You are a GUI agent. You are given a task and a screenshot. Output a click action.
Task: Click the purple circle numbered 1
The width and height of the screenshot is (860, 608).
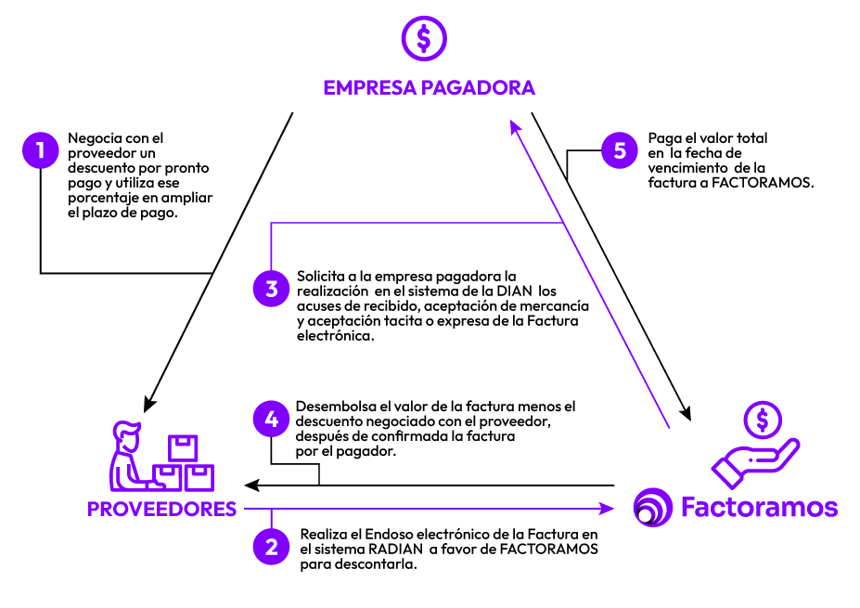(40, 149)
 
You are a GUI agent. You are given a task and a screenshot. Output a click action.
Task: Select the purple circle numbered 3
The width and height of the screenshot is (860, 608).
(271, 289)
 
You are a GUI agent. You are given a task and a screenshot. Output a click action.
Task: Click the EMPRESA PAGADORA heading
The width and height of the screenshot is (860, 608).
(429, 88)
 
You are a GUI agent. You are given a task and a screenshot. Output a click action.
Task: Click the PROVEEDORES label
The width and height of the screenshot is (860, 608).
(161, 510)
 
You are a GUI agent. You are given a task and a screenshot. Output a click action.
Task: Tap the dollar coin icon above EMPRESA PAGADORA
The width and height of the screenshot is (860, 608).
(423, 38)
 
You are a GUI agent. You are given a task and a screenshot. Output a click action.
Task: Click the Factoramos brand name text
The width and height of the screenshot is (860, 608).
(759, 508)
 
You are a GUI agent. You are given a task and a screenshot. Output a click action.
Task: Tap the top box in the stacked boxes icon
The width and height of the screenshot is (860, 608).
(182, 447)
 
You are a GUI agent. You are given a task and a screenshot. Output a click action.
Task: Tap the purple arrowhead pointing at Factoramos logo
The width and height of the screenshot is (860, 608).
(608, 508)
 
